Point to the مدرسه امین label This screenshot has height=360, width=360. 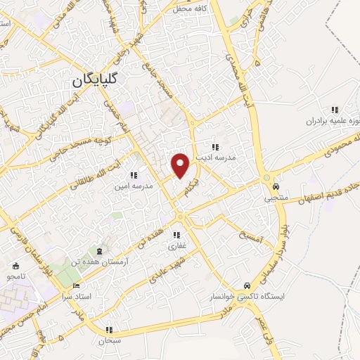click(134, 187)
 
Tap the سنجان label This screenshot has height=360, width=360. click(109, 340)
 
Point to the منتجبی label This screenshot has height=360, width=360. click(276, 199)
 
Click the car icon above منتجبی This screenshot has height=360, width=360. click(276, 186)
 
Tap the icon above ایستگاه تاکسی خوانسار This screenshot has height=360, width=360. click(247, 285)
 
